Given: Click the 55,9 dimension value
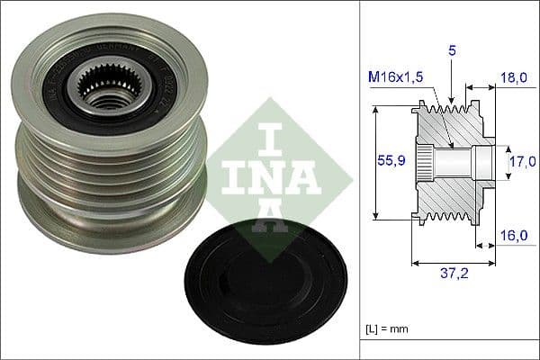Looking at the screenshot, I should click(389, 161).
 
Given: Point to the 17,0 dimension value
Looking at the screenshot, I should click(516, 163).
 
